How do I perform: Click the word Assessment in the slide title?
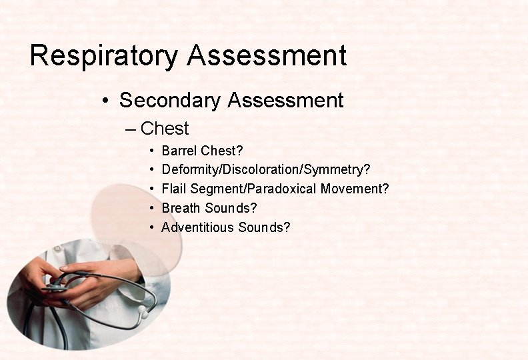[267, 56]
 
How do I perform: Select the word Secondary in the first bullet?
[170, 101]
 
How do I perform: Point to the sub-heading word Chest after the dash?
[165, 129]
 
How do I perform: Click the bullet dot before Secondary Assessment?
[105, 101]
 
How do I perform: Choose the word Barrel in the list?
[179, 151]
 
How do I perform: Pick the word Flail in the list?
[175, 189]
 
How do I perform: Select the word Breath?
[181, 208]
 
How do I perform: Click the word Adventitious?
[198, 227]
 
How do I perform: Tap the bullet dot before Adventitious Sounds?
[153, 228]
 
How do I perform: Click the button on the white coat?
[57, 247]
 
